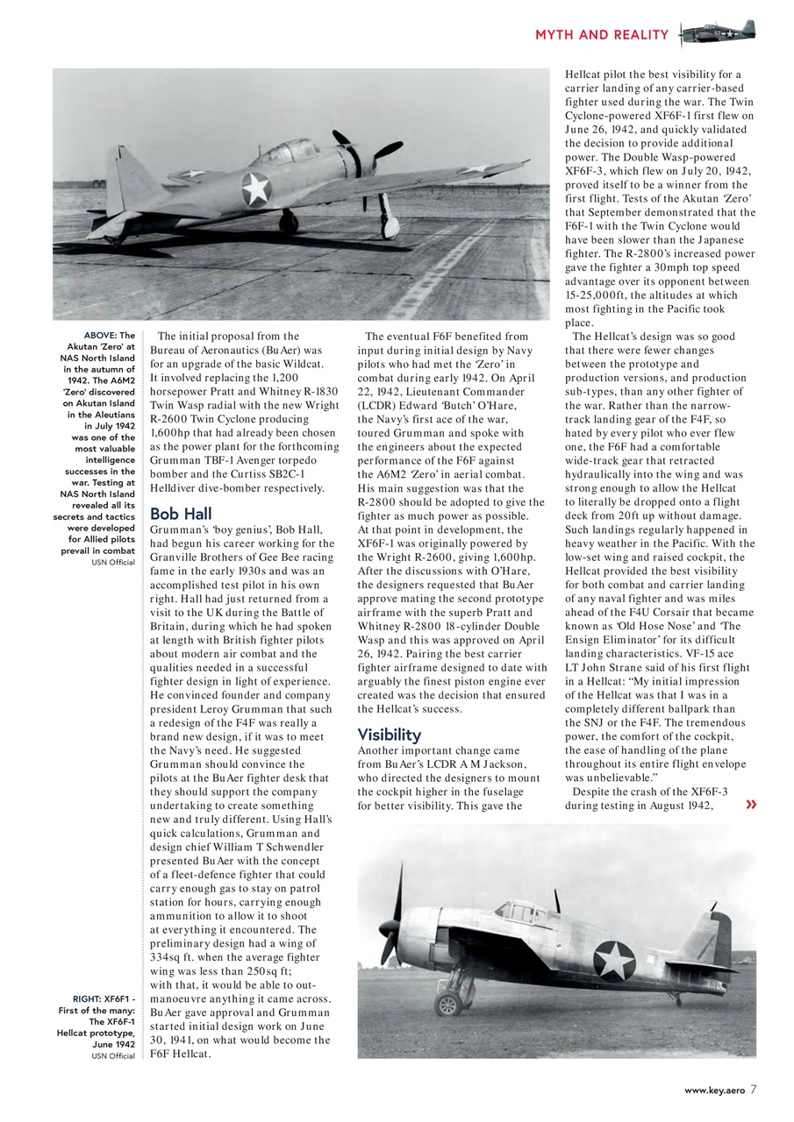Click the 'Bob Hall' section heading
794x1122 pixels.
(181, 514)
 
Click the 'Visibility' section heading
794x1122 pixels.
(390, 734)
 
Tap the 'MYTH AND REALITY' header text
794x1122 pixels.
(601, 35)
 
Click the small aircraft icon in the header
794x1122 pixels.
(718, 33)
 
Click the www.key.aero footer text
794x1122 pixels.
(714, 1090)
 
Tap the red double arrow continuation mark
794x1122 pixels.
(750, 805)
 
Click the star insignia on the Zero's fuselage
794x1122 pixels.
(255, 188)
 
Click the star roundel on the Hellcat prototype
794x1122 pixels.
(614, 960)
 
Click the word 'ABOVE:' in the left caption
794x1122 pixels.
(100, 336)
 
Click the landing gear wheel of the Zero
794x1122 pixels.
(390, 230)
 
